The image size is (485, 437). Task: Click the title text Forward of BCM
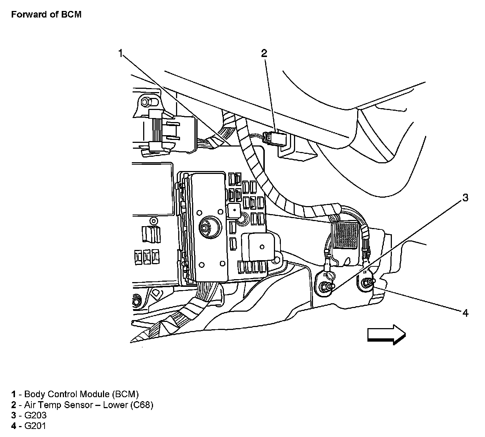coord(46,15)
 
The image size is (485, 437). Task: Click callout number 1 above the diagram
coord(121,53)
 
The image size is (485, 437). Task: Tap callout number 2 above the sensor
coord(264,53)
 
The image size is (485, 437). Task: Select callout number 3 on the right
coord(465,198)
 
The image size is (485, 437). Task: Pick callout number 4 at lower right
coord(465,313)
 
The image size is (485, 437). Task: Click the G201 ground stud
coord(367,282)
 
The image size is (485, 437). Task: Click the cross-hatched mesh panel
coord(347,235)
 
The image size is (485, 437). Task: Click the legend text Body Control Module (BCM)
coord(81,394)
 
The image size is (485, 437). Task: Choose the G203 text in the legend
coord(35,415)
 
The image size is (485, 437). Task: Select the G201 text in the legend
coord(35,426)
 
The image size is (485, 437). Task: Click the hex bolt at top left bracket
coord(146,100)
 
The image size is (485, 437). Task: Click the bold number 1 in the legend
coord(14,394)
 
